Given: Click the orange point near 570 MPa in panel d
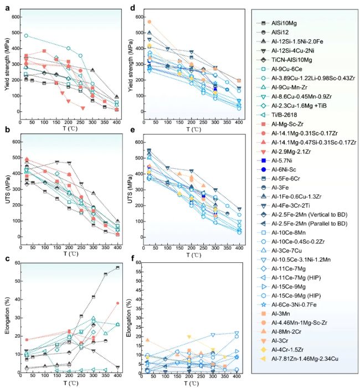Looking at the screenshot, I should pos(149,22).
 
